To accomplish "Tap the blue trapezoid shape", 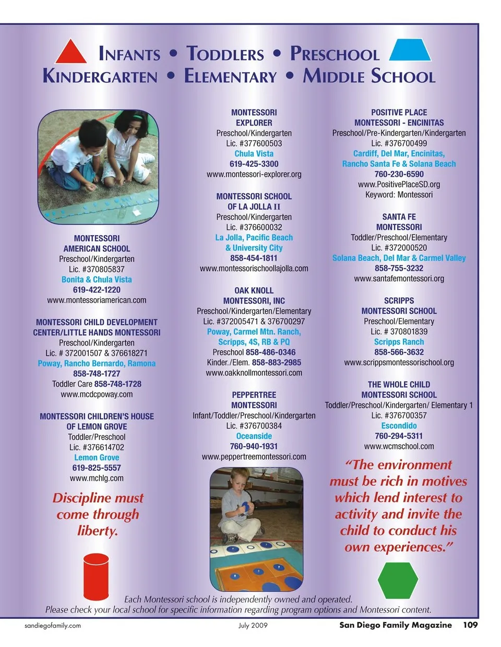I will pyautogui.click(x=410, y=50).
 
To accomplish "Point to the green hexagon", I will pyautogui.click(x=398, y=580).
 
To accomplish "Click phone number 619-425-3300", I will pyautogui.click(x=254, y=164).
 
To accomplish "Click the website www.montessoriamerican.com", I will pyautogui.click(x=97, y=300).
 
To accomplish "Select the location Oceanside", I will pyautogui.click(x=254, y=436).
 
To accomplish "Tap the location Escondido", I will pyautogui.click(x=399, y=425).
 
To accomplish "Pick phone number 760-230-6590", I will pyautogui.click(x=399, y=174).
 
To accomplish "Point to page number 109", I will pyautogui.click(x=470, y=625).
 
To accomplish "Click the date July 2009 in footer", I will pyautogui.click(x=253, y=625).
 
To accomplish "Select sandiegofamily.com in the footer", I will pyautogui.click(x=53, y=625).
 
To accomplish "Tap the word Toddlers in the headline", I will pyautogui.click(x=225, y=54).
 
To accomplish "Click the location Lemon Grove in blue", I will pyautogui.click(x=97, y=457).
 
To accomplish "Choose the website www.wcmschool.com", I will pyautogui.click(x=399, y=446).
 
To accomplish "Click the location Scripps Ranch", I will pyautogui.click(x=399, y=342).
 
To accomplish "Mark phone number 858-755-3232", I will pyautogui.click(x=399, y=268).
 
